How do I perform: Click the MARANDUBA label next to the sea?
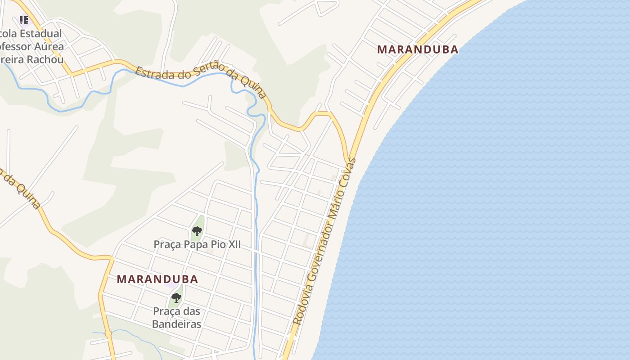click(x=418, y=49)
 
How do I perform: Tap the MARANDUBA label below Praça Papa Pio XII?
click(x=157, y=279)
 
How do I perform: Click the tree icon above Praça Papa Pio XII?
click(x=197, y=232)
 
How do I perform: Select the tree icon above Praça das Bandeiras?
click(x=176, y=297)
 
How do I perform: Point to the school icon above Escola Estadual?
click(x=24, y=20)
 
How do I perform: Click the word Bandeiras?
click(x=176, y=324)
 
